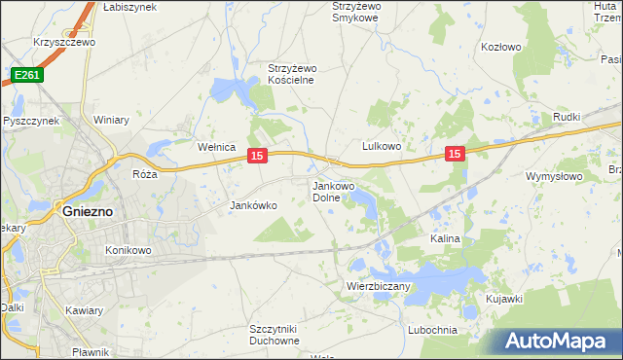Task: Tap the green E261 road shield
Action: point(26,74)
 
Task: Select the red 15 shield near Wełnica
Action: point(257,155)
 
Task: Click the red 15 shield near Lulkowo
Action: point(456,153)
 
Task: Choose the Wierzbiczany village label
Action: point(379,286)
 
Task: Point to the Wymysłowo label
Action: point(553,176)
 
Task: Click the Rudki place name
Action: point(566,118)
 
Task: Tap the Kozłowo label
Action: point(501,47)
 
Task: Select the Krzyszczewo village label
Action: point(62,43)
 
